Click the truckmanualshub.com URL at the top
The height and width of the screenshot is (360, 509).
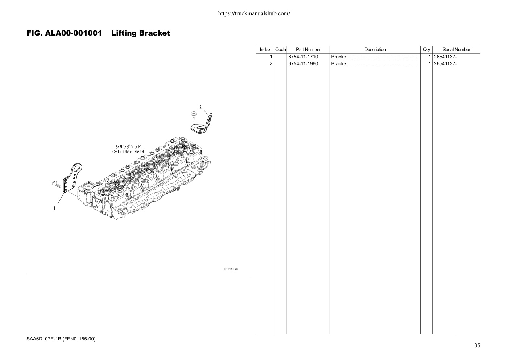tap(254, 13)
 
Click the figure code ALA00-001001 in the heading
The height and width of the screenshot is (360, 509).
tap(73, 33)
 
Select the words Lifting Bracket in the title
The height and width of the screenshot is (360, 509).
tap(141, 33)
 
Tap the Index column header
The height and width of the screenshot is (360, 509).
tap(265, 50)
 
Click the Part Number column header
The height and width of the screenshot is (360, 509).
tap(308, 50)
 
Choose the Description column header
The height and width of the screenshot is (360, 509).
tap(375, 50)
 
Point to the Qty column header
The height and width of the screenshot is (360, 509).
tap(426, 50)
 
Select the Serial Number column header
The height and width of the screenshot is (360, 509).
tap(456, 50)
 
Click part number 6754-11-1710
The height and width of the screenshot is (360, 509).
tap(303, 57)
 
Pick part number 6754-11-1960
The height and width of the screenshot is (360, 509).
tap(303, 64)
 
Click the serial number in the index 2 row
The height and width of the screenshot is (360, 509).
tap(445, 64)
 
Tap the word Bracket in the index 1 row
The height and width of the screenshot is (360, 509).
tap(339, 57)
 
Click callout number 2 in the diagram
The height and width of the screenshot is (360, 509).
tap(200, 108)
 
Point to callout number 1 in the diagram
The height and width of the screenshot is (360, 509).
tap(54, 208)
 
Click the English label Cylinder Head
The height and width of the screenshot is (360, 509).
tap(128, 152)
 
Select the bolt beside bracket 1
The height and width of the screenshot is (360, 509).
tap(56, 184)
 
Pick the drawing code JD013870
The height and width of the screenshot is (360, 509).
tap(231, 269)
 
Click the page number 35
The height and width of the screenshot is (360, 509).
tap(477, 346)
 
